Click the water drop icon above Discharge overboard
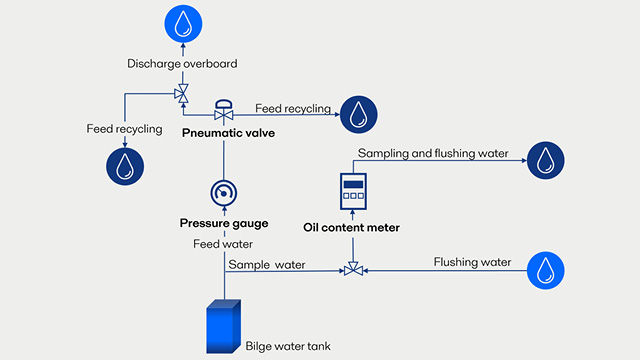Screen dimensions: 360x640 coord(182,23)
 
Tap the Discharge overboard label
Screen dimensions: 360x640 coord(182,64)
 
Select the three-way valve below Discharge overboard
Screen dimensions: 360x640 coord(182,95)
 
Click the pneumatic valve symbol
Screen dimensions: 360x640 coord(224,110)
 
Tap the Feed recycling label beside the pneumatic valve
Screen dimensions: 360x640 coord(292,108)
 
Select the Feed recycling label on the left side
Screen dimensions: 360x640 coord(123,128)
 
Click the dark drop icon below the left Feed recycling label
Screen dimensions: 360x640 coord(124,166)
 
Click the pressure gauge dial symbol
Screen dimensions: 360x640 coord(223,192)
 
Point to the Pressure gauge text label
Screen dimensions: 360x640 coord(222,222)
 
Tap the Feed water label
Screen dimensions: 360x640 coord(222,243)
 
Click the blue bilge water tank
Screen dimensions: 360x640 coord(221,327)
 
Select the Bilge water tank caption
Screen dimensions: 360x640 coord(288,347)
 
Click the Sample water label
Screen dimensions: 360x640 coord(267,264)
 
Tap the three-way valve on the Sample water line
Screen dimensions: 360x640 coord(353,269)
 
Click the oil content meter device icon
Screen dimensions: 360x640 coord(352,190)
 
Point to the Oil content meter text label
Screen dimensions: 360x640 coord(351,228)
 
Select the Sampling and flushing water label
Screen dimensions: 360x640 coord(433,153)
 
